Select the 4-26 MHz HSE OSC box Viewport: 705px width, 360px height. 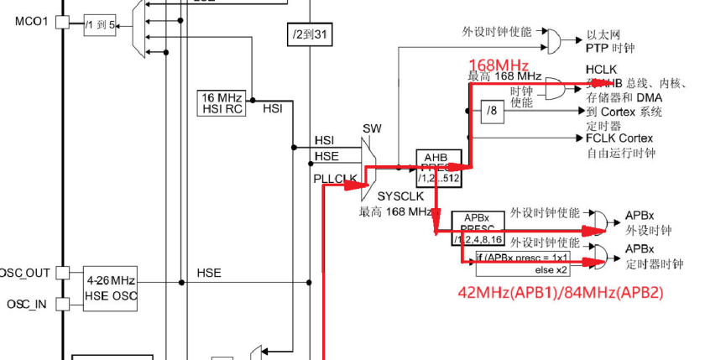pos(111,287)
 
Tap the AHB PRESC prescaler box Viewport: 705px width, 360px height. pos(439,169)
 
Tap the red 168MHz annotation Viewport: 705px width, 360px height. pos(499,65)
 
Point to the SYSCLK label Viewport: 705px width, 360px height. pos(394,196)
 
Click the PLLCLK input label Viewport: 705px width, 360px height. pos(335,177)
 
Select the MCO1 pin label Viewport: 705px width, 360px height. pos(31,21)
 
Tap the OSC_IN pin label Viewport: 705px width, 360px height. pos(27,304)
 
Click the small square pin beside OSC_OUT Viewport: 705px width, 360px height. pos(61,273)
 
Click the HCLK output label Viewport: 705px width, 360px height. pos(602,69)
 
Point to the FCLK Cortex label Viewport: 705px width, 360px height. pos(619,138)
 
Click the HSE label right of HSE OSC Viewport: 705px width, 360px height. pos(209,273)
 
